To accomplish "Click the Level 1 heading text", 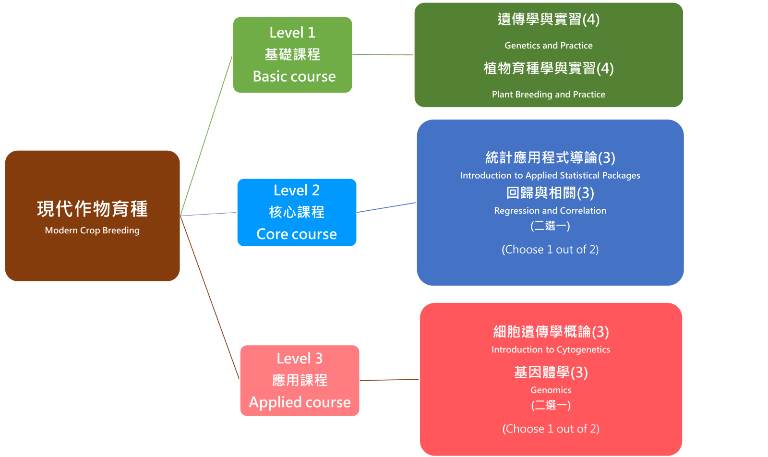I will [x=292, y=33].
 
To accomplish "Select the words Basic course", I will [x=294, y=76].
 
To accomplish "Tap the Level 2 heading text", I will [x=297, y=191].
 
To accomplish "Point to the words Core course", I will [x=297, y=234].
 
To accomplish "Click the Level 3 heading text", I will [x=300, y=359].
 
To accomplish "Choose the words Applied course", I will [x=300, y=402].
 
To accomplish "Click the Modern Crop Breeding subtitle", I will [x=92, y=230].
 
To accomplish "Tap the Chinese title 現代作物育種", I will [x=92, y=209].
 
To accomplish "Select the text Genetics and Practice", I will [x=548, y=46].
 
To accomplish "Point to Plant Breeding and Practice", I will [x=548, y=95].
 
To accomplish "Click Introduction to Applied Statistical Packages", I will [x=550, y=176].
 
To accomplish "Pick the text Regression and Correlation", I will [x=550, y=211].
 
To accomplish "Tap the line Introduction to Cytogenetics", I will [x=551, y=350].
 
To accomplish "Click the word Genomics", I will [x=551, y=390].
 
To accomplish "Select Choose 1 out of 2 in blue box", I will [x=550, y=250].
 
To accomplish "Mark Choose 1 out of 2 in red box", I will [x=551, y=429].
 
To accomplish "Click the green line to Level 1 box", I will [x=206, y=134].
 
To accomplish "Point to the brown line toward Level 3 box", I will [x=210, y=298].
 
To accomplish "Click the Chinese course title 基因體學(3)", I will [x=551, y=372].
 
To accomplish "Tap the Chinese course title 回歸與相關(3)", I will [x=550, y=193].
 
